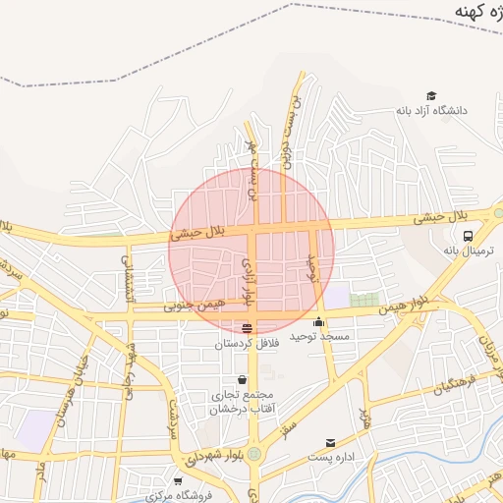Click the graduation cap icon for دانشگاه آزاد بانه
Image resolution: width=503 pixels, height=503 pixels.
(x=403, y=97)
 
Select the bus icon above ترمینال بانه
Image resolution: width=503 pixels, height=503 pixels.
(x=469, y=236)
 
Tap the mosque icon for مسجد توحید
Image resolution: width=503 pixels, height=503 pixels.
(x=318, y=321)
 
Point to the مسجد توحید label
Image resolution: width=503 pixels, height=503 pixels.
(x=319, y=336)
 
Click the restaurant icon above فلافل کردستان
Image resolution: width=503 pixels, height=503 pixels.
(x=246, y=328)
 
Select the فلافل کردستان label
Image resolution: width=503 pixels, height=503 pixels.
(x=247, y=344)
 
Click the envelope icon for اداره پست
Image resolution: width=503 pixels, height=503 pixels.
(x=330, y=443)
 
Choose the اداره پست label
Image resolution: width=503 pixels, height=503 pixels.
(x=330, y=458)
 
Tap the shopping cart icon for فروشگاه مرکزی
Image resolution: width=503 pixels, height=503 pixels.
(x=177, y=481)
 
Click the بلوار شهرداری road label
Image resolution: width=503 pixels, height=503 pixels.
(x=211, y=456)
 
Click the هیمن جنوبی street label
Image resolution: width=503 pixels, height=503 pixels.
(x=197, y=306)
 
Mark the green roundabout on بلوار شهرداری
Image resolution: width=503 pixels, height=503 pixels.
(x=255, y=454)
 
